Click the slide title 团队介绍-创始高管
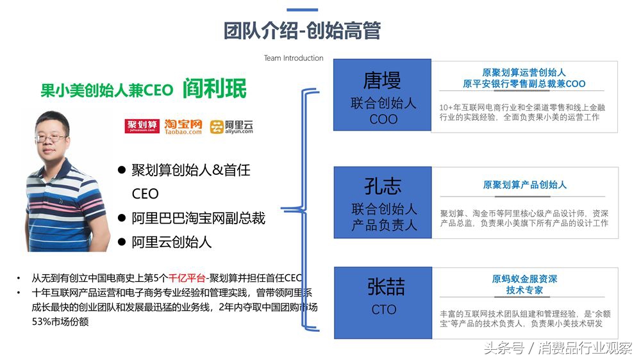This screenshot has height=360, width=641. coord(302,31)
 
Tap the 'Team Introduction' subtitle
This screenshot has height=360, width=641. coord(294,58)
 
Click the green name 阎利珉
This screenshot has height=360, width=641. coord(214,88)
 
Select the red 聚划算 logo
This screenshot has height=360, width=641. coord(142,126)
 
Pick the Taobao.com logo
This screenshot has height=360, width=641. coord(183,126)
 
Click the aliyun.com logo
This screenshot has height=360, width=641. coord(231,126)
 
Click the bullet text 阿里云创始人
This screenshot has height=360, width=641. coord(171,242)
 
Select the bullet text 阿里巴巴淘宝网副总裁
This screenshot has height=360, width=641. coord(198,218)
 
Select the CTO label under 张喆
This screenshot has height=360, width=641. coord(384,310)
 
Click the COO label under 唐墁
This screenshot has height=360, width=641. coord(383,119)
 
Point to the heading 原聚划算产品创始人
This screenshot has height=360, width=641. coord(524,185)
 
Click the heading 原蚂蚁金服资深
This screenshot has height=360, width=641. coord(524,279)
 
